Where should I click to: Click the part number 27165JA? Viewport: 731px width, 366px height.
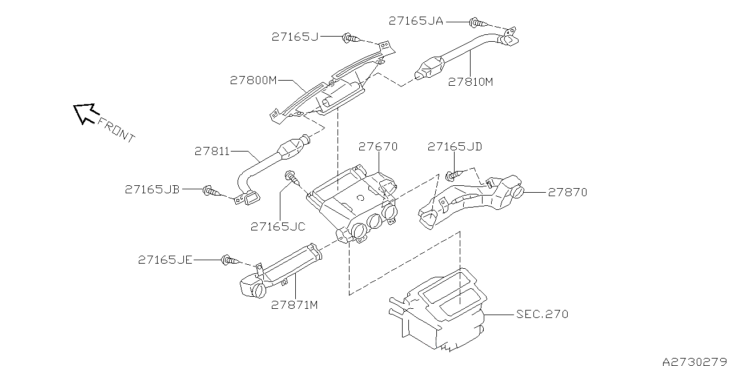point(416,21)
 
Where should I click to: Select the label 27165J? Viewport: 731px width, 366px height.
point(295,37)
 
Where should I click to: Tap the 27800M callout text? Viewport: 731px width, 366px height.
point(253,81)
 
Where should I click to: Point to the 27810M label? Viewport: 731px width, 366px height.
point(470,82)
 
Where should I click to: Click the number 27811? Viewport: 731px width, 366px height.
point(212,152)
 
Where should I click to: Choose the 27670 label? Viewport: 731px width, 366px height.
point(378,147)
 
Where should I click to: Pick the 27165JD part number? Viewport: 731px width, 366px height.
point(455,147)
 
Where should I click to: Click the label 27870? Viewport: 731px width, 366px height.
point(567,193)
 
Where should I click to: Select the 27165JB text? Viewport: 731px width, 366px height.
point(152,189)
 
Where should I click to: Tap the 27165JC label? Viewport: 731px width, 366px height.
point(278,226)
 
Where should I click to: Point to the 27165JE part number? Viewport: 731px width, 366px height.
point(165,260)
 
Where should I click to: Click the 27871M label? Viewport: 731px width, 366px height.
point(295,305)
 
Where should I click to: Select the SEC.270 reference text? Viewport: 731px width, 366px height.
point(542,314)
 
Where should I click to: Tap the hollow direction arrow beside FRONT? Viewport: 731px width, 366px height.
point(84,113)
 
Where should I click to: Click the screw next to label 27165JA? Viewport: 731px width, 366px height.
point(478,23)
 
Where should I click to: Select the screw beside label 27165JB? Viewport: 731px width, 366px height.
point(211,190)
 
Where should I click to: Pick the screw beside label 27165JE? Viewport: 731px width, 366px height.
point(230,261)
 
